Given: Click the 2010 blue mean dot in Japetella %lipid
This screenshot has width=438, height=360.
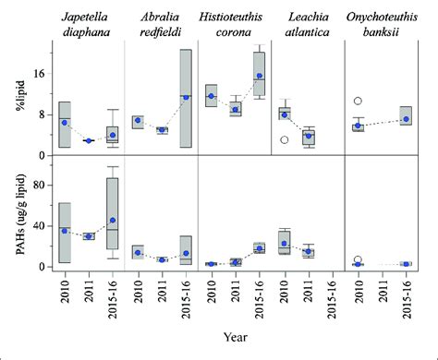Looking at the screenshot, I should point(65,123).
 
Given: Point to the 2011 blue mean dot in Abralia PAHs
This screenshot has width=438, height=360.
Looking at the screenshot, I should point(162,259).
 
